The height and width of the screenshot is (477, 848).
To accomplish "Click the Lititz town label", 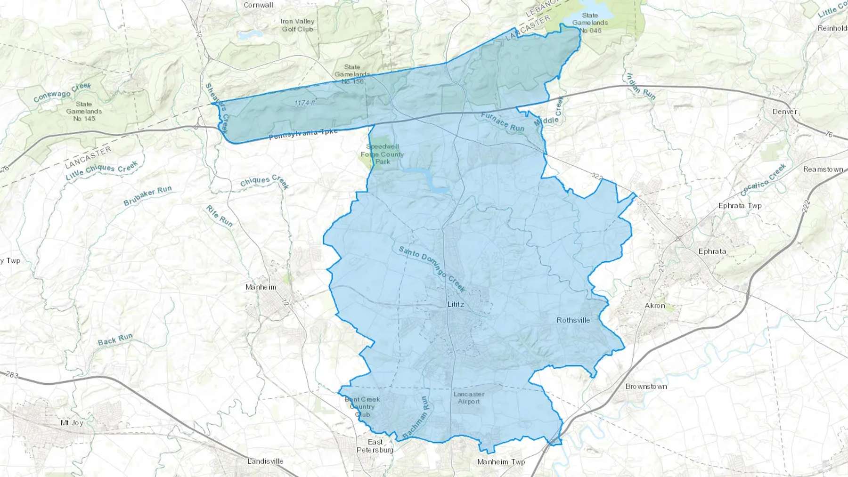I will [x=456, y=305].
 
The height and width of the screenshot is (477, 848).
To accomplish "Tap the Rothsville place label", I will [x=573, y=320].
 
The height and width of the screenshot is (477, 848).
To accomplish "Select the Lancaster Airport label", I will [x=469, y=398].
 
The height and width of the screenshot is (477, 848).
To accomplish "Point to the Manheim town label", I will [x=261, y=287].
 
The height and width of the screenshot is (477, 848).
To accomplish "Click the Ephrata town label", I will [x=712, y=251].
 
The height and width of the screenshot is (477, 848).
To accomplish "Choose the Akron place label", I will [x=655, y=306].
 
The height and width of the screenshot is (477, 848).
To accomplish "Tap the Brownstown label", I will [x=646, y=387].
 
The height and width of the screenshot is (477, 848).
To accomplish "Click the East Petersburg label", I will [x=375, y=445].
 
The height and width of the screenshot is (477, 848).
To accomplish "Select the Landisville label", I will [x=265, y=461].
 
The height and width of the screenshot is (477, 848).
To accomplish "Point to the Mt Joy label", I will [x=72, y=423].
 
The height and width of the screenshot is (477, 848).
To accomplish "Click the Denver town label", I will [x=784, y=112].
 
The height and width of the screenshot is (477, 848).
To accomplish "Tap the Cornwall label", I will [x=258, y=5].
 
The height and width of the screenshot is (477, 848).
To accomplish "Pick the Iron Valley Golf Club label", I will [x=297, y=25].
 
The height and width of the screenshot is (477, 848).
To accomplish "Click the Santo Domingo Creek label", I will [x=432, y=268].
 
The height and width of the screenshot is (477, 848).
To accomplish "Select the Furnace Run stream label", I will [x=502, y=122].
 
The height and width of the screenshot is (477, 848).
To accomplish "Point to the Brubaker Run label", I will [x=147, y=196].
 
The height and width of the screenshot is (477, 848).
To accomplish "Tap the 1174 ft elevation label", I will [x=304, y=103].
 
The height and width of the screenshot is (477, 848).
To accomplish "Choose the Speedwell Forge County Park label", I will [x=382, y=154].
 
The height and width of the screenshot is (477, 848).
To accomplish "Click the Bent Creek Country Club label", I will [x=362, y=407].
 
